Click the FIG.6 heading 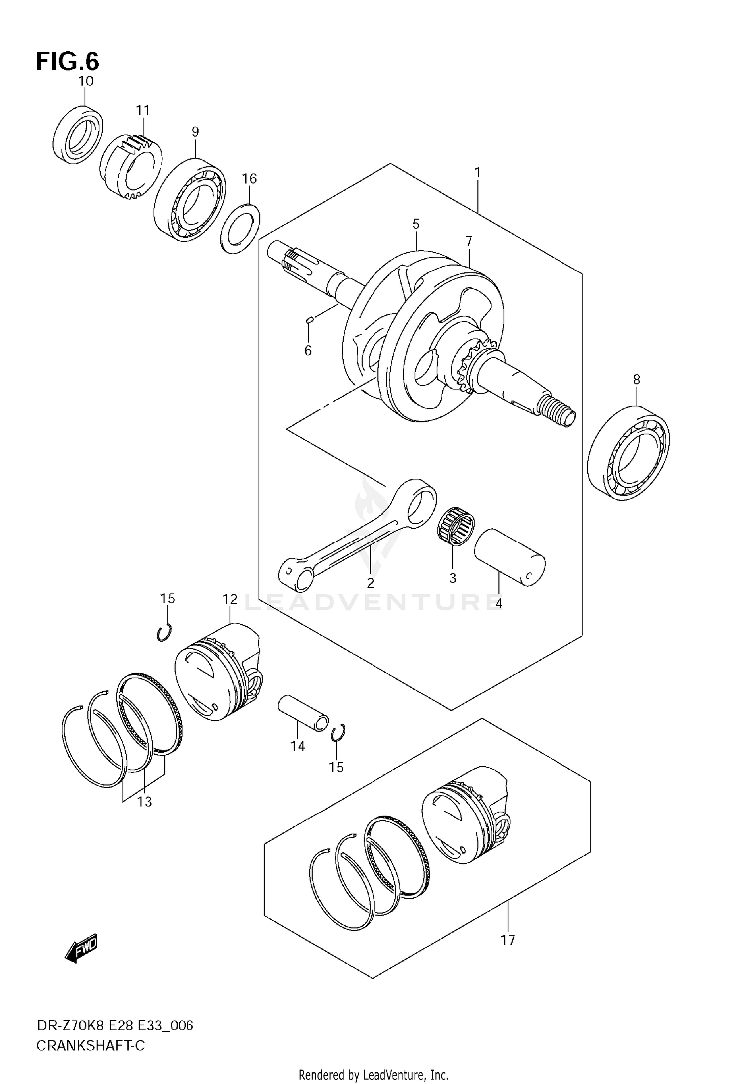click(x=67, y=62)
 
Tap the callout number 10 click(x=86, y=81)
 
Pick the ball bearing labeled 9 click(x=189, y=200)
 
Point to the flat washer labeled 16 click(x=240, y=229)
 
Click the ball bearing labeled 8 click(x=628, y=452)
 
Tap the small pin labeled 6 click(x=309, y=320)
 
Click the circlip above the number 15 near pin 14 click(x=338, y=732)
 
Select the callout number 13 click(x=144, y=802)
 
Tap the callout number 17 click(x=507, y=940)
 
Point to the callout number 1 click(x=477, y=173)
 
